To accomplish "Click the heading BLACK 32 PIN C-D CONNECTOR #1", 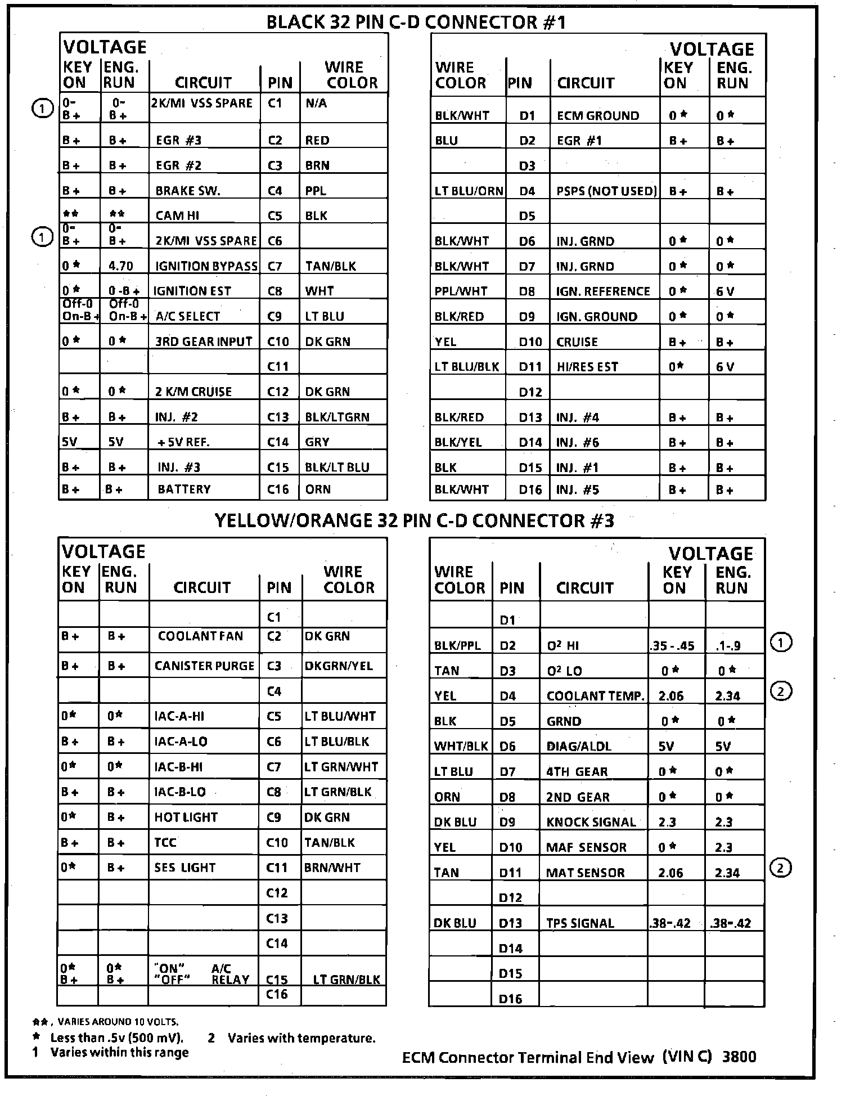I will click(415, 22).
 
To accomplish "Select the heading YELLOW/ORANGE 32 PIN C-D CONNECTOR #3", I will click(414, 520).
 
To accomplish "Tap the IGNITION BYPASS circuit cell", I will click(206, 266).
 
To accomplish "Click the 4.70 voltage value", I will click(121, 266).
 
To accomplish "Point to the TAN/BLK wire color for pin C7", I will click(330, 266).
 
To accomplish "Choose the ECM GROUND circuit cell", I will click(598, 116).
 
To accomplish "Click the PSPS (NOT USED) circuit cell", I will click(606, 191).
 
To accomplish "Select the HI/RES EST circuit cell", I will click(587, 367).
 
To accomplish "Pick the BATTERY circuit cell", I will click(184, 489).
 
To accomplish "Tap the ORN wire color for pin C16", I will click(318, 489).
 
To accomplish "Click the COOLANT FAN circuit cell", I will click(200, 636).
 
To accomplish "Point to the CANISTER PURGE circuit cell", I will click(204, 666).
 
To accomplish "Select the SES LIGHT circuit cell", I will click(184, 868).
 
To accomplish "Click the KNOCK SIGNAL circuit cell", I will click(591, 822).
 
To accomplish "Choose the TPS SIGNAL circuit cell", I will click(580, 923).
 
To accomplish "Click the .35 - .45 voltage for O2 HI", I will click(674, 646).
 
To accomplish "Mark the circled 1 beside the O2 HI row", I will click(780, 642).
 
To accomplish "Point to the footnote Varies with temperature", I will click(301, 1038).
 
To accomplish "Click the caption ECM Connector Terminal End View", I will click(528, 1058).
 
